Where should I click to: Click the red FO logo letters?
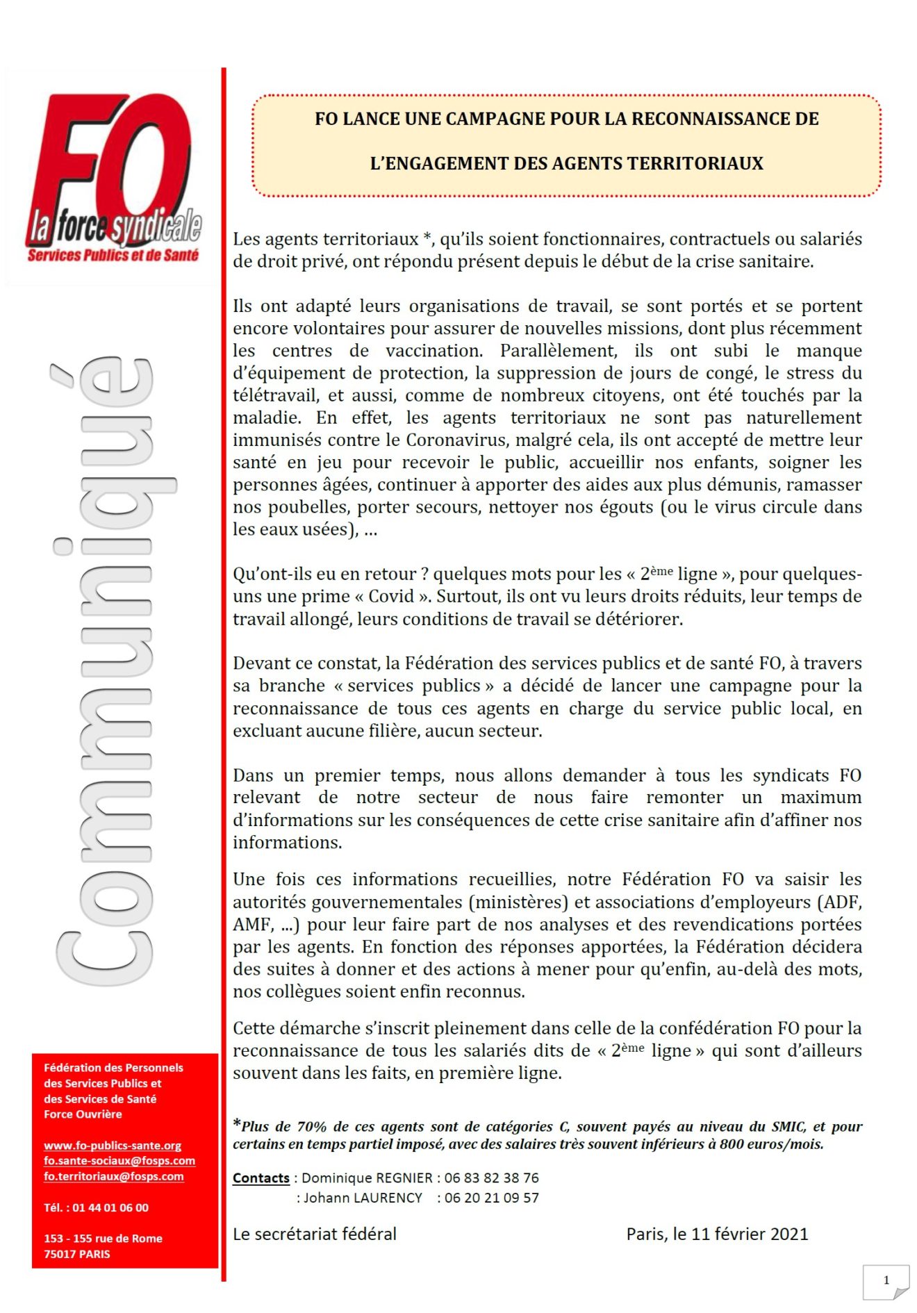[x=111, y=163]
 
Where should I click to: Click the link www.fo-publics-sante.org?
[x=113, y=1146]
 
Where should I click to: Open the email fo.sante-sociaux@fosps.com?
[x=119, y=1161]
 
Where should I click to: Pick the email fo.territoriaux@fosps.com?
[x=114, y=1176]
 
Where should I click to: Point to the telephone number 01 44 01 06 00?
[x=110, y=1207]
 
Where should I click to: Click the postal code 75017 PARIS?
[x=77, y=1254]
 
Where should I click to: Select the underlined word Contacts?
[x=261, y=1178]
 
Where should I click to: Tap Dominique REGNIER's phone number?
[x=492, y=1178]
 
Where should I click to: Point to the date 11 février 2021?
[x=750, y=1234]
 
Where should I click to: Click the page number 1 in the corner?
[x=886, y=1280]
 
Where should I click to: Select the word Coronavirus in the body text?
[x=456, y=440]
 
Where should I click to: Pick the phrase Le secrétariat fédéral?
[x=315, y=1234]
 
